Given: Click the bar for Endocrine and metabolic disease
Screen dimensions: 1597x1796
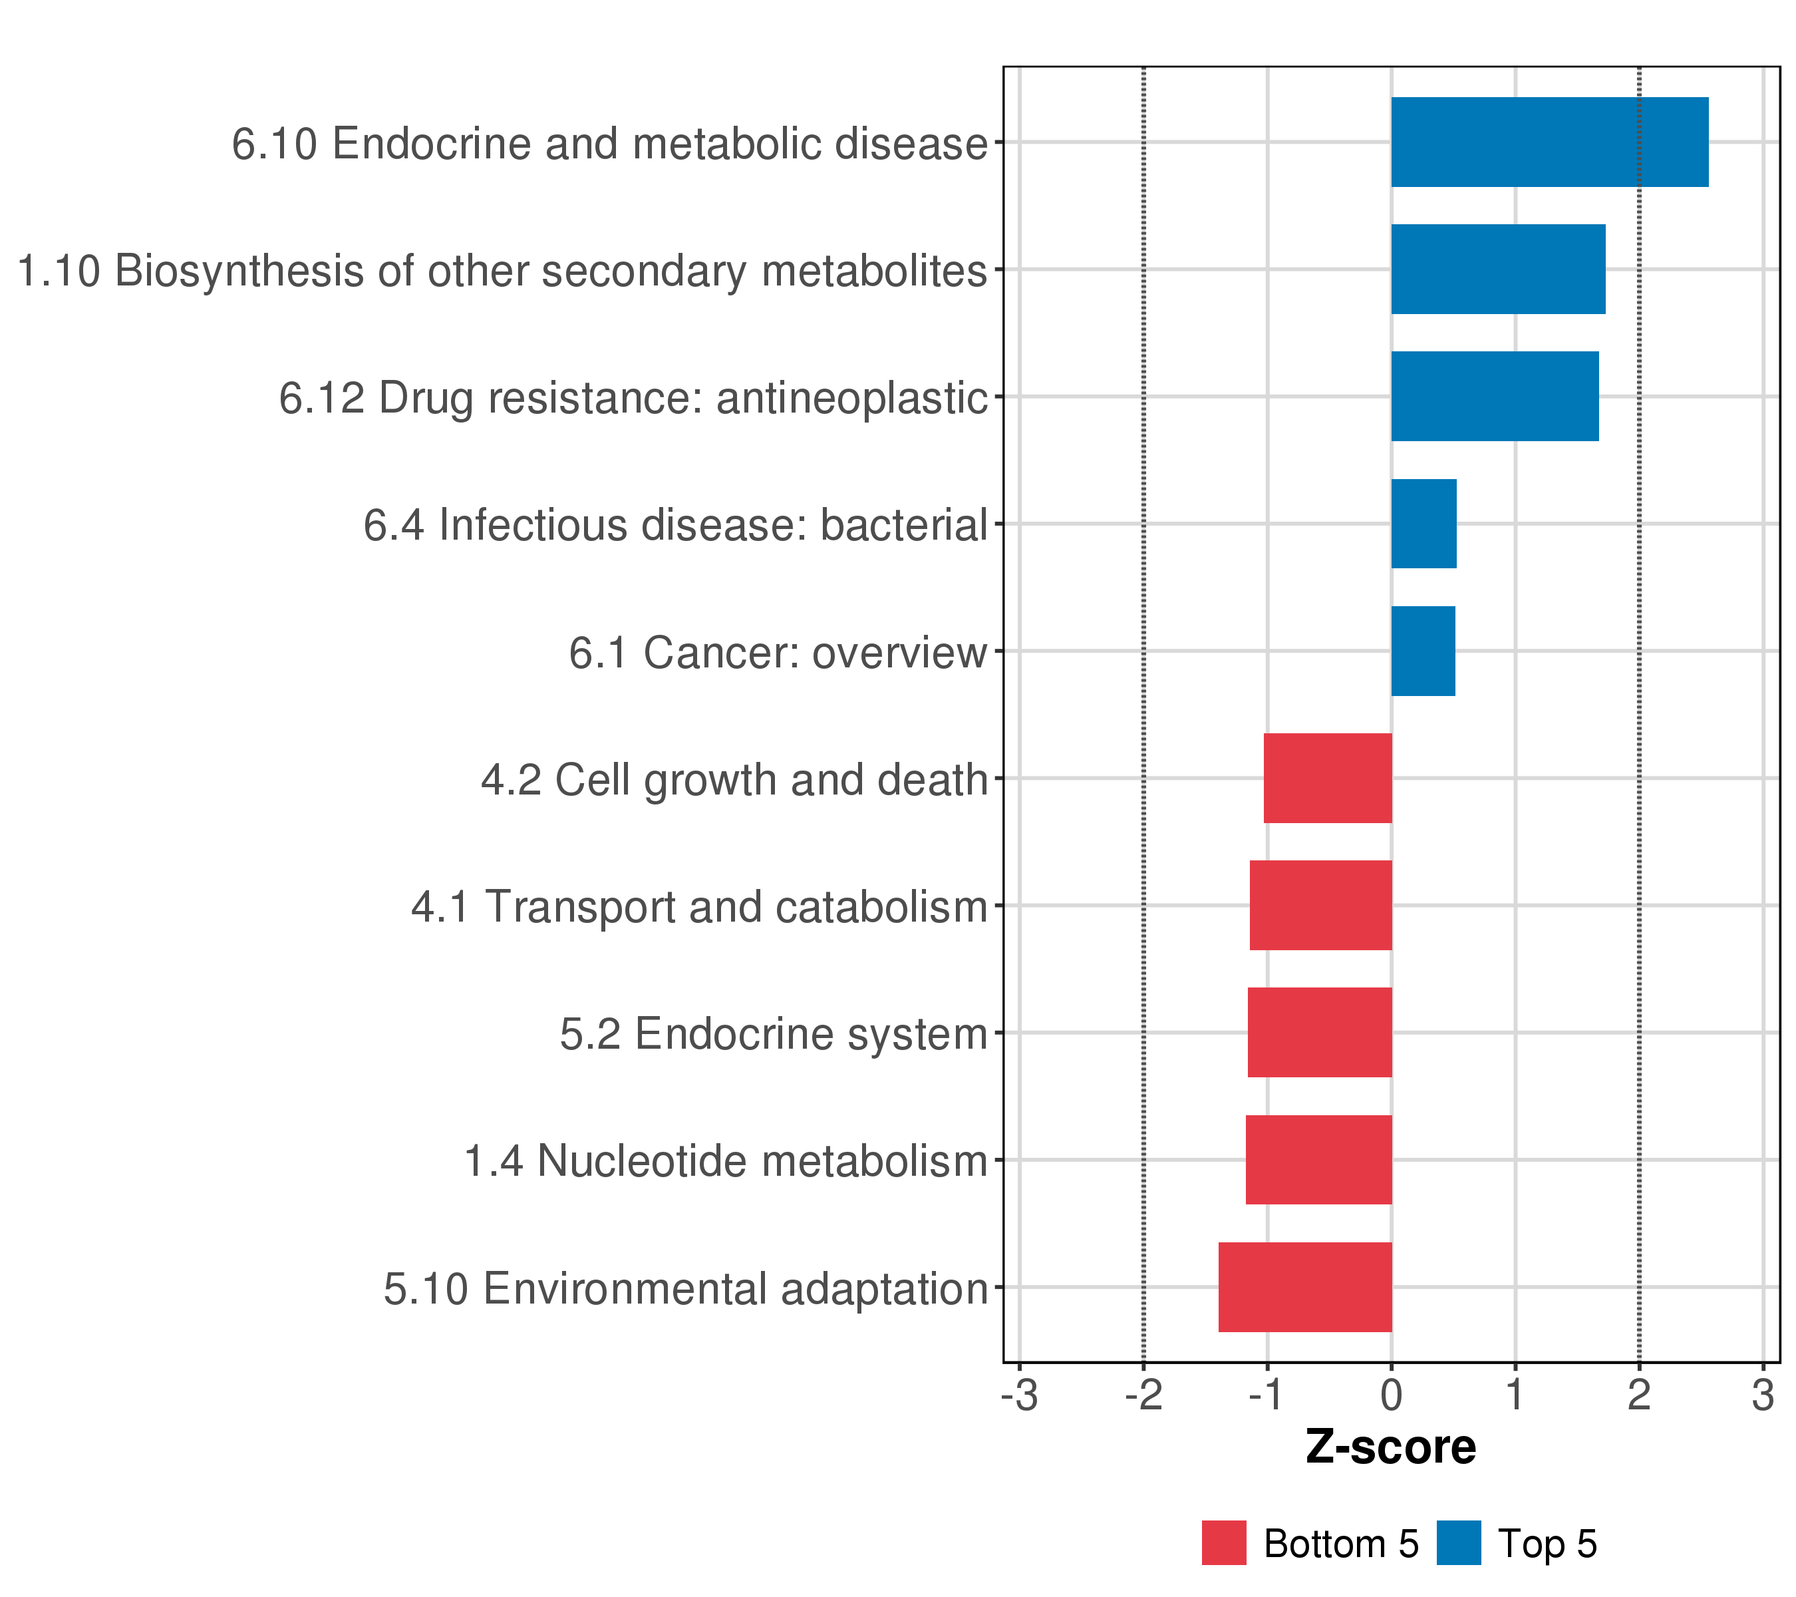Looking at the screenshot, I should [x=1549, y=142].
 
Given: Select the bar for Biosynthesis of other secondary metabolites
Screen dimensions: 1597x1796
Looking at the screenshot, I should [x=1497, y=269].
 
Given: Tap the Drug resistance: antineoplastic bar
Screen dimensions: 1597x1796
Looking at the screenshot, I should [x=1494, y=397].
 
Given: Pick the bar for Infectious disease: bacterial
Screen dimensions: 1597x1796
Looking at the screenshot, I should [x=1423, y=524].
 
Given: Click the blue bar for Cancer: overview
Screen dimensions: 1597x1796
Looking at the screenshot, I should [x=1423, y=651].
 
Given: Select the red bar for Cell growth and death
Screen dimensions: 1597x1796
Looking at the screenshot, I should [x=1327, y=778].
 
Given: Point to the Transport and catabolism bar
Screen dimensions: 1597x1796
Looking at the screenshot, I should [x=1320, y=905].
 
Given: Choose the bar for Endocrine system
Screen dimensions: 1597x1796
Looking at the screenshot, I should [x=1319, y=1032].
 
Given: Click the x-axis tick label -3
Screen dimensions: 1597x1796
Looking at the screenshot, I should [x=1019, y=1396].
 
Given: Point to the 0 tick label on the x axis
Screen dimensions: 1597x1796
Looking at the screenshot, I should [x=1391, y=1396].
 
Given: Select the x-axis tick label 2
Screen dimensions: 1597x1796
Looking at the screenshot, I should [x=1639, y=1396].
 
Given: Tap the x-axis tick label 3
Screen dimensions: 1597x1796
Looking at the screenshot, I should [x=1763, y=1396].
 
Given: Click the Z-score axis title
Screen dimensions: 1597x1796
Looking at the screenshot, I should [x=1391, y=1447].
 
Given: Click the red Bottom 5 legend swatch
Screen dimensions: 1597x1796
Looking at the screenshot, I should [x=1224, y=1543].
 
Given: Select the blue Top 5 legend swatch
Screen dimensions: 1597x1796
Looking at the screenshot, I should [x=1459, y=1543].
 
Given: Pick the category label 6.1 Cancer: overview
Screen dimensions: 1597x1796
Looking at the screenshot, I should [x=778, y=653].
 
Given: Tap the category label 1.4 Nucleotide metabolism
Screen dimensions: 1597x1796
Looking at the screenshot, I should [x=725, y=1161].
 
